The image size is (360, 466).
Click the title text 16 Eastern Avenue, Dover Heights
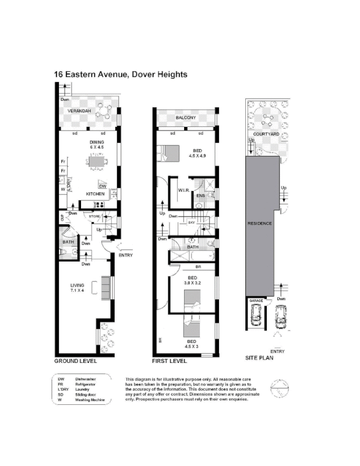point(121,75)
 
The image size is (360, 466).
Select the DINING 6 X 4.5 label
point(96,144)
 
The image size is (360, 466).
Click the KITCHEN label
point(95,193)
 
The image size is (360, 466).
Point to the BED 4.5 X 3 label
point(192,344)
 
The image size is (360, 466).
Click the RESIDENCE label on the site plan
point(260,224)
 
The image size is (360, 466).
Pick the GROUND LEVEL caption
point(75,361)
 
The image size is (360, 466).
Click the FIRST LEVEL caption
point(169,361)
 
